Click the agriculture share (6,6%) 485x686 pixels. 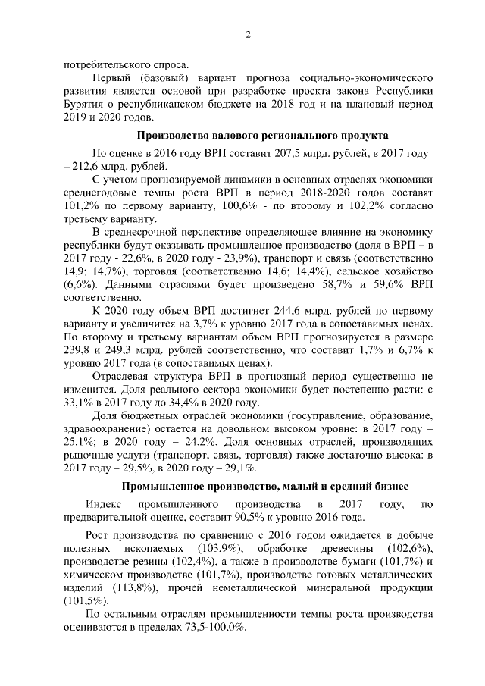[x=80, y=283]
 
